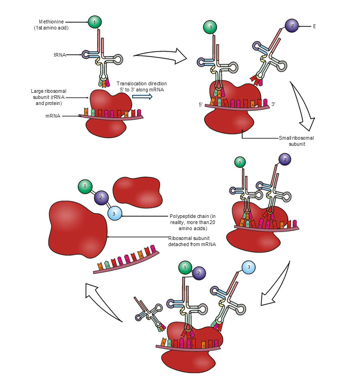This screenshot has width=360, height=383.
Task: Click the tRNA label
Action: click(x=59, y=55)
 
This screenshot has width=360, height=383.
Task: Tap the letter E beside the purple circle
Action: click(x=315, y=26)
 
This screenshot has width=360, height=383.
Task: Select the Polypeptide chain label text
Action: click(x=192, y=222)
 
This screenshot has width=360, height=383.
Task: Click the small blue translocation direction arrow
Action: click(x=142, y=96)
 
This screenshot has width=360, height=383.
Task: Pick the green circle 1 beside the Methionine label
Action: click(x=95, y=22)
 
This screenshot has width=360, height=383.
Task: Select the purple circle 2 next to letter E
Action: click(x=292, y=26)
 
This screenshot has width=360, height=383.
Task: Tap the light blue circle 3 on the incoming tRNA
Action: click(x=248, y=268)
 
